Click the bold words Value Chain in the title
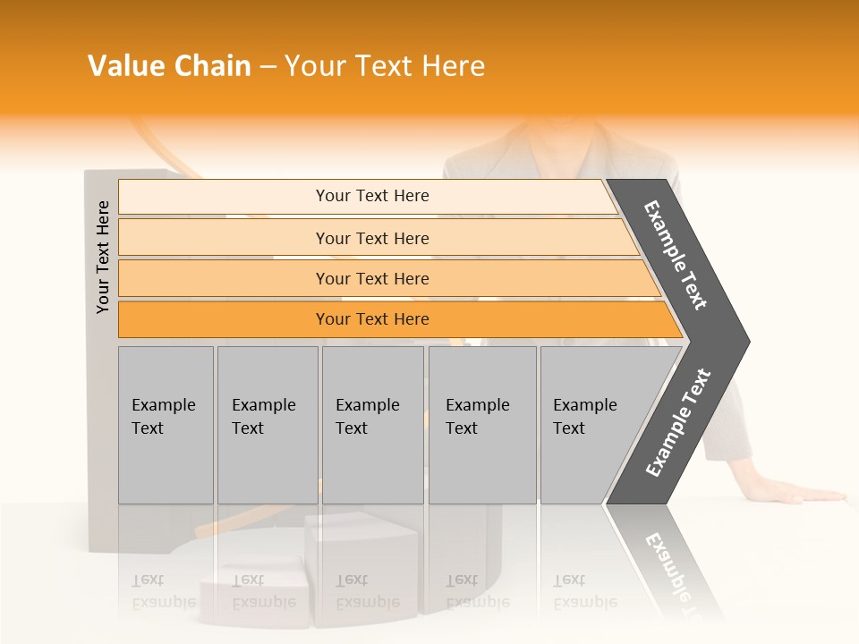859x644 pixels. pyautogui.click(x=169, y=66)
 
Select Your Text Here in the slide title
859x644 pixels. pyautogui.click(x=385, y=66)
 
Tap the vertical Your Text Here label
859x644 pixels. pyautogui.click(x=103, y=257)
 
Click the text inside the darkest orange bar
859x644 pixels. pyautogui.click(x=372, y=319)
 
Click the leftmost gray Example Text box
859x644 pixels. pyautogui.click(x=166, y=425)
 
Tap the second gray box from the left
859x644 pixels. pyautogui.click(x=267, y=425)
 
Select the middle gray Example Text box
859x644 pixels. pyautogui.click(x=372, y=425)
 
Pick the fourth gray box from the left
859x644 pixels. pyautogui.click(x=481, y=425)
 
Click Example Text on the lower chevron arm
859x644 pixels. pyautogui.click(x=677, y=423)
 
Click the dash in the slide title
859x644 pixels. pyautogui.click(x=268, y=66)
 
